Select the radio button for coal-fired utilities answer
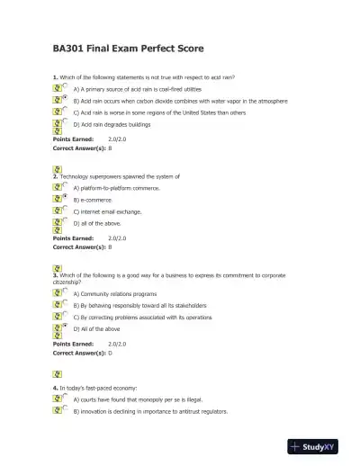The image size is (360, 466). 65,89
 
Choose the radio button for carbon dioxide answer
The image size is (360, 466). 65,101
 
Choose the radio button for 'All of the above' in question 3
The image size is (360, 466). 65,327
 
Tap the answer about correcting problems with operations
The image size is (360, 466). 145,317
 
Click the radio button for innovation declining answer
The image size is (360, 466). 65,410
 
